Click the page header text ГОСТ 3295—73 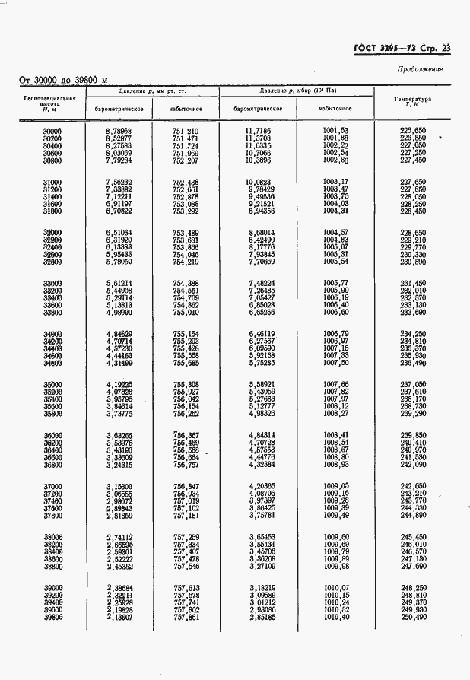[x=386, y=49]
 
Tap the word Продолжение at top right [x=420, y=70]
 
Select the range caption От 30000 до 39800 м [x=62, y=80]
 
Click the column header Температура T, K [x=412, y=101]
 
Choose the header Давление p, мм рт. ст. [x=152, y=91]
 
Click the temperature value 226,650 [x=413, y=132]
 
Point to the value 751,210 [x=186, y=132]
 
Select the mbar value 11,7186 [x=257, y=132]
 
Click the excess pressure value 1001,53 [x=335, y=132]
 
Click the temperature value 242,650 [x=413, y=485]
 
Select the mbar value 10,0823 [x=257, y=182]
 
